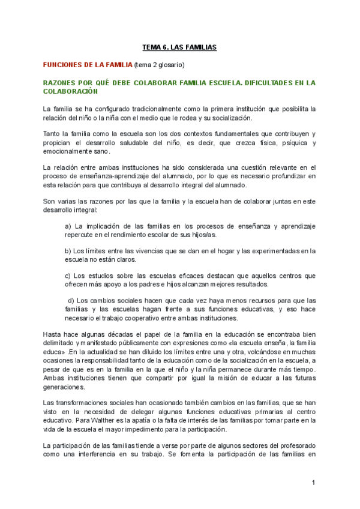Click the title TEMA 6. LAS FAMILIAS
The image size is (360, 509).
(x=179, y=46)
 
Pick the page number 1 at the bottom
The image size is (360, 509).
(x=313, y=483)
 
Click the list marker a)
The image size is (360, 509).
(x=68, y=226)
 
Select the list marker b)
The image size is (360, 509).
(x=68, y=251)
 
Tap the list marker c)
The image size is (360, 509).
(x=68, y=276)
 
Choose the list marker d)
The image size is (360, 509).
(x=71, y=300)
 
